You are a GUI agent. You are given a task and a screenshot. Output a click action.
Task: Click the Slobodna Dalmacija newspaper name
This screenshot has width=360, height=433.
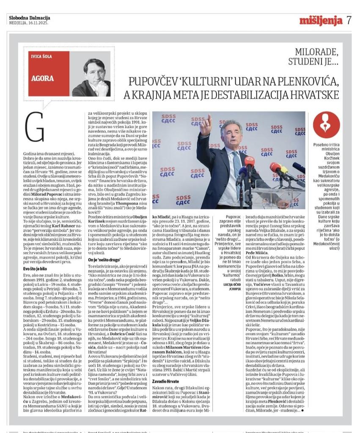(29, 18)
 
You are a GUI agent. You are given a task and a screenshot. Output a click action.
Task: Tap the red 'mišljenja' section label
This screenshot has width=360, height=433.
(321, 20)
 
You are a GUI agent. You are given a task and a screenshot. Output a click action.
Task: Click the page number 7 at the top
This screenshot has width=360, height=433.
(349, 20)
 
